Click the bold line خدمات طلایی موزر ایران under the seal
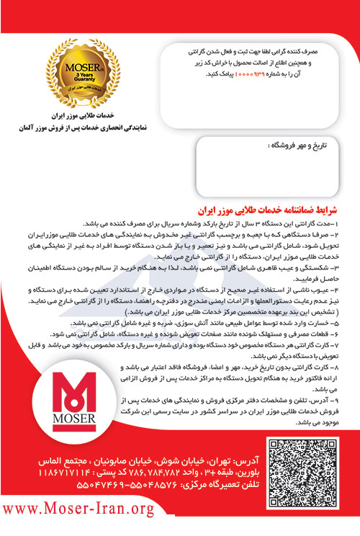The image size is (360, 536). tap(68, 116)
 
